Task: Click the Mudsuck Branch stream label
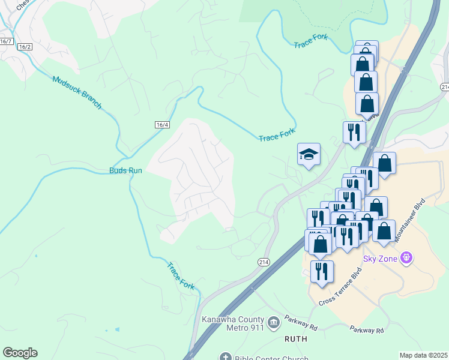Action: pos(77,92)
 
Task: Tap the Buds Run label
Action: pos(125,170)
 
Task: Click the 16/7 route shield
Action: pos(6,41)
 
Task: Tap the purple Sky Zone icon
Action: pos(407,259)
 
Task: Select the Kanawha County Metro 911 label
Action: pos(234,322)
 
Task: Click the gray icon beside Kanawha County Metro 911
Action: pos(274,323)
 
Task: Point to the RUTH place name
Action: pos(295,339)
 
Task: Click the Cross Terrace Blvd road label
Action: pos(342,289)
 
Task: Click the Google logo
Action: pos(20,353)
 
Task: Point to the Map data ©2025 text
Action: pos(423,355)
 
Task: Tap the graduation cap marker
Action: pos(309,154)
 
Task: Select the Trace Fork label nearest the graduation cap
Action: pos(277,137)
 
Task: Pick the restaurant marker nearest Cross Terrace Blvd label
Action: pos(322,271)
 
